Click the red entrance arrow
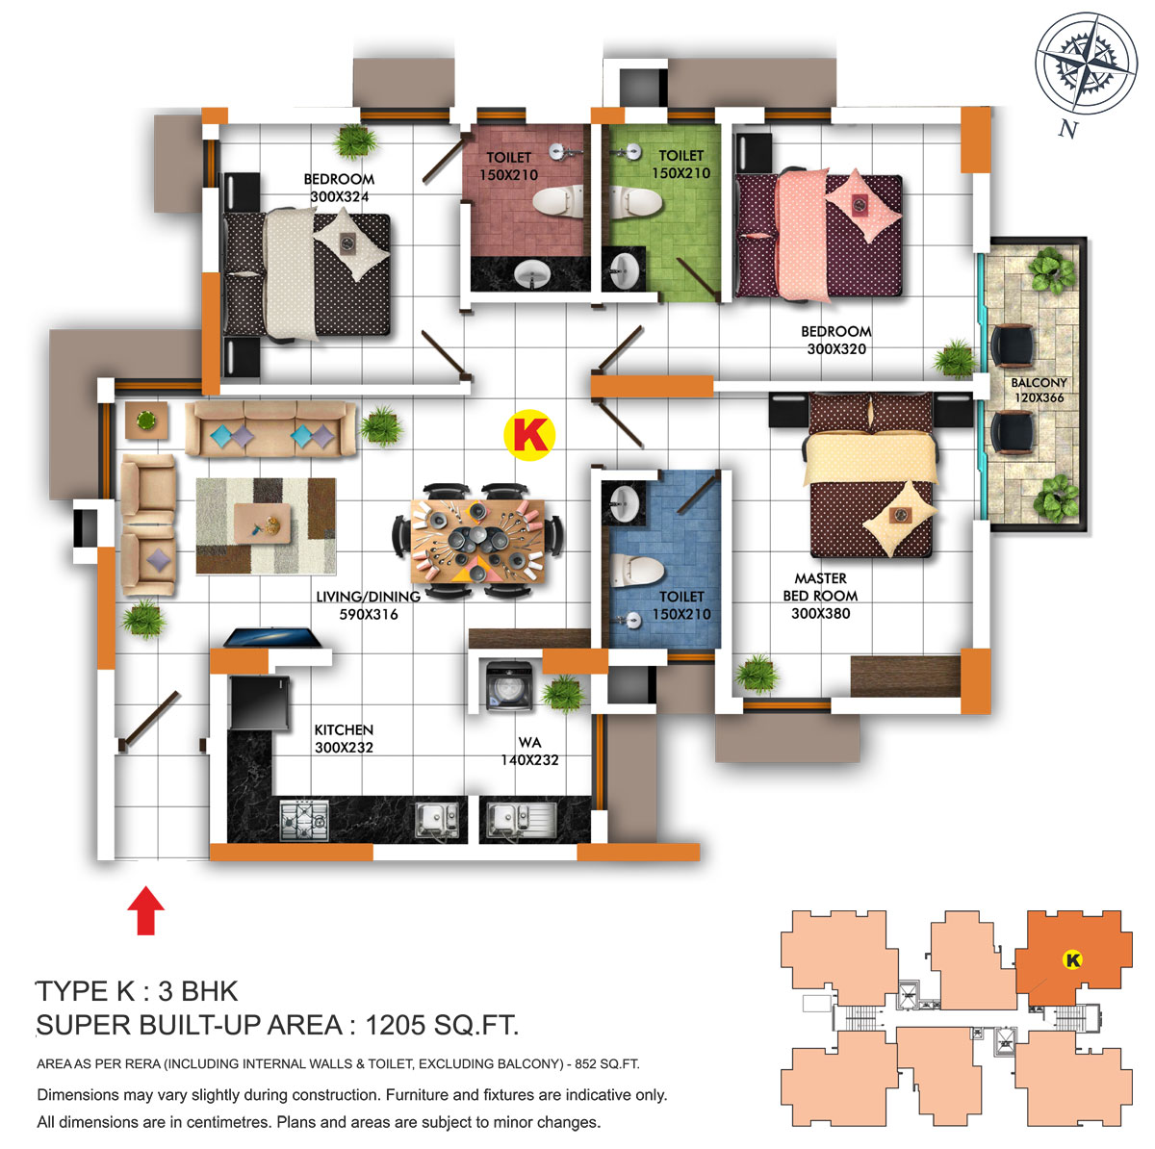pos(145,910)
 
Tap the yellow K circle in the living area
pos(529,435)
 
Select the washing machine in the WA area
pos(509,686)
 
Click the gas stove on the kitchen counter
pos(304,820)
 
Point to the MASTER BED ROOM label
pos(820,595)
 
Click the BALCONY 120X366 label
pos(1039,390)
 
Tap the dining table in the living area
pos(477,541)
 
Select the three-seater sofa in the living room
pos(270,428)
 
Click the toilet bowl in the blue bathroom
pos(636,570)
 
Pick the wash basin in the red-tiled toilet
pos(531,275)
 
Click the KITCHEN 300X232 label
pos(344,738)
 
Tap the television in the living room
pos(272,637)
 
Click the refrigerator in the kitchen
pos(260,702)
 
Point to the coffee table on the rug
pos(262,523)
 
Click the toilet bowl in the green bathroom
pos(636,202)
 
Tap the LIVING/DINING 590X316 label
pos(368,604)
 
